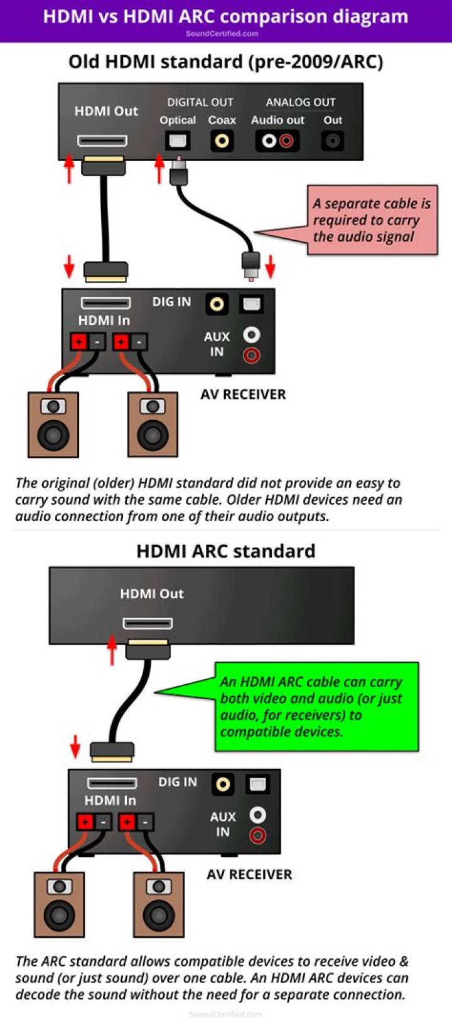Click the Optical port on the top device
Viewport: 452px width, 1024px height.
pyautogui.click(x=178, y=140)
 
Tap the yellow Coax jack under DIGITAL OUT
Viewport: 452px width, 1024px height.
pyautogui.click(x=222, y=140)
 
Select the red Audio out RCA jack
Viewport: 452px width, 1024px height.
pyautogui.click(x=286, y=140)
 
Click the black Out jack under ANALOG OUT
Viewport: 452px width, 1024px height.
pyautogui.click(x=332, y=140)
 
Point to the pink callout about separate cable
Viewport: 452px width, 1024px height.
pyautogui.click(x=371, y=220)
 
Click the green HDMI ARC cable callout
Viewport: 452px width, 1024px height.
pyautogui.click(x=316, y=707)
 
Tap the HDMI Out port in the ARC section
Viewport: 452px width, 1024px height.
pyautogui.click(x=148, y=623)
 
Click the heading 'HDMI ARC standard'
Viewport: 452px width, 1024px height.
pyautogui.click(x=226, y=551)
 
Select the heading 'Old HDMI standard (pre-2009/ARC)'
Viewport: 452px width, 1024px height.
pyautogui.click(x=226, y=61)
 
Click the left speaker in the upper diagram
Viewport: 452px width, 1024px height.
pyautogui.click(x=53, y=425)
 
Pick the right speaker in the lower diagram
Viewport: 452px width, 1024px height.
pyautogui.click(x=159, y=904)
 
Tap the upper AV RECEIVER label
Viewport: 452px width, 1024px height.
pyautogui.click(x=243, y=394)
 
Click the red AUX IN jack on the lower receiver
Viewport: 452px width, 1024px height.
pyautogui.click(x=257, y=835)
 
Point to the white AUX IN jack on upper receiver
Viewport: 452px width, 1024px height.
pyautogui.click(x=251, y=335)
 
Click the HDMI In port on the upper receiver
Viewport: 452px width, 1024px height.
pyautogui.click(x=105, y=304)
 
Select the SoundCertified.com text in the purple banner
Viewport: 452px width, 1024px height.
pyautogui.click(x=222, y=34)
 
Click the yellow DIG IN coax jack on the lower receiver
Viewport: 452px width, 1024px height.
pyautogui.click(x=223, y=783)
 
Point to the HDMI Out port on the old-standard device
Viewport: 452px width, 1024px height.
pyautogui.click(x=102, y=140)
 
